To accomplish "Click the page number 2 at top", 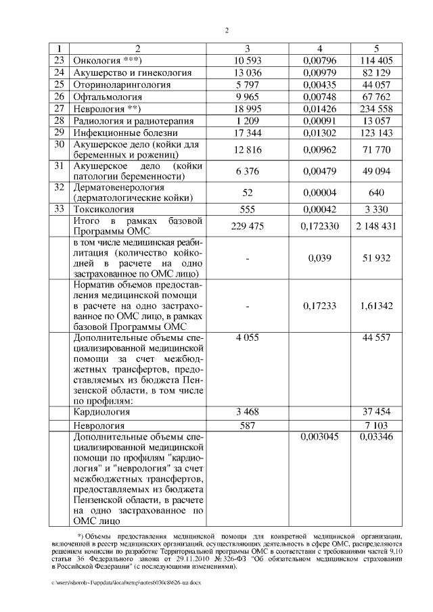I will pos(227,30).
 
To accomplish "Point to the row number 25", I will pos(59,85).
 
